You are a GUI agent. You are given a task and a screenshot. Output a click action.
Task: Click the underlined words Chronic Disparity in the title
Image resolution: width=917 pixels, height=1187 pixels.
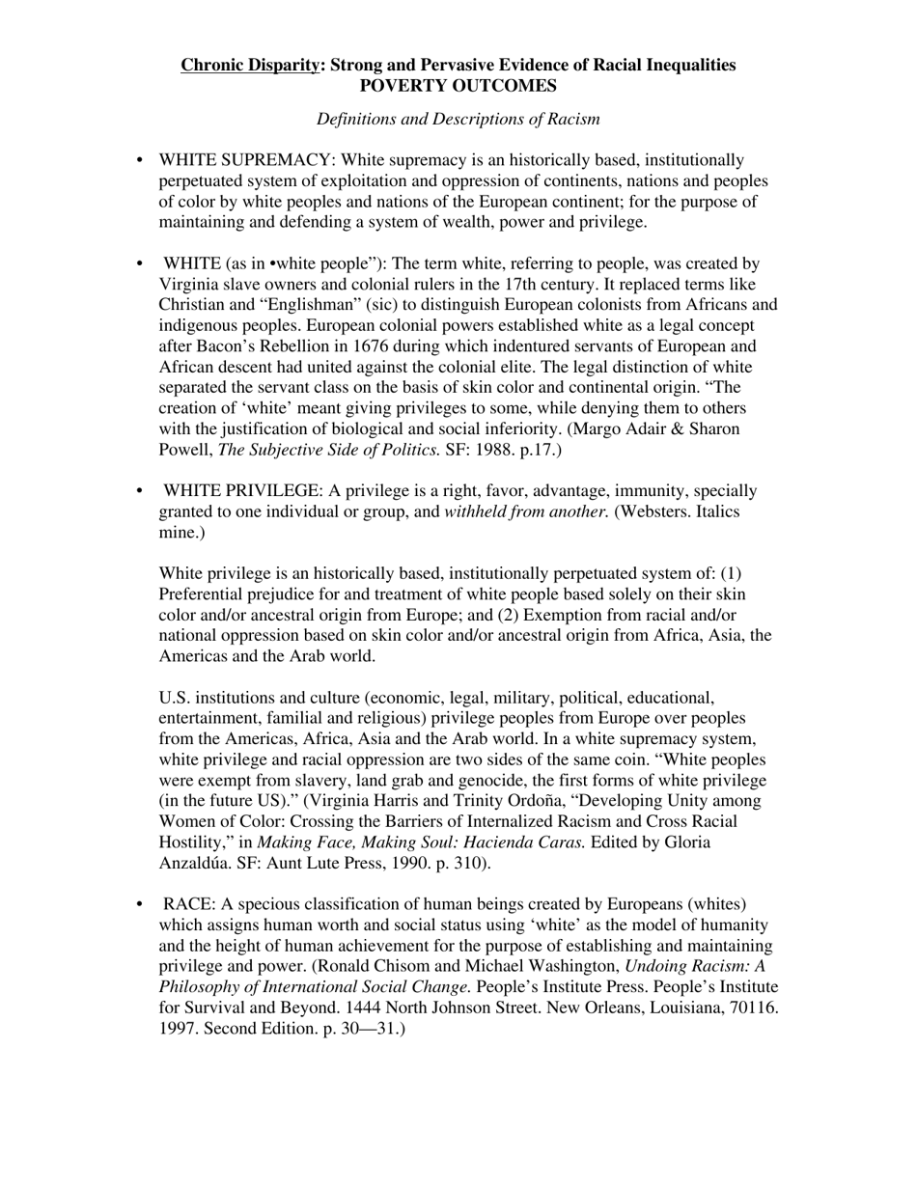pos(249,66)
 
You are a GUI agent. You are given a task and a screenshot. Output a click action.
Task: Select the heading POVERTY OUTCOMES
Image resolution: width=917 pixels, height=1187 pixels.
pos(458,86)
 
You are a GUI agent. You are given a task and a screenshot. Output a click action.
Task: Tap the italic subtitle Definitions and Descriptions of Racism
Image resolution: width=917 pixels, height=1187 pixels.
pos(458,120)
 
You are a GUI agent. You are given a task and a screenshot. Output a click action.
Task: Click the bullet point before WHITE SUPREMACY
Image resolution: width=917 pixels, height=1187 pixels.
pos(141,160)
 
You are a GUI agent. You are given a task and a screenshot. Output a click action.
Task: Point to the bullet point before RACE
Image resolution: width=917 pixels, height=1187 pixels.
pos(141,904)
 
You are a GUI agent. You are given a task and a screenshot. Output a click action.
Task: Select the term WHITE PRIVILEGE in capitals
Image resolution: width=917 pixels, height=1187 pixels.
pos(243,491)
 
